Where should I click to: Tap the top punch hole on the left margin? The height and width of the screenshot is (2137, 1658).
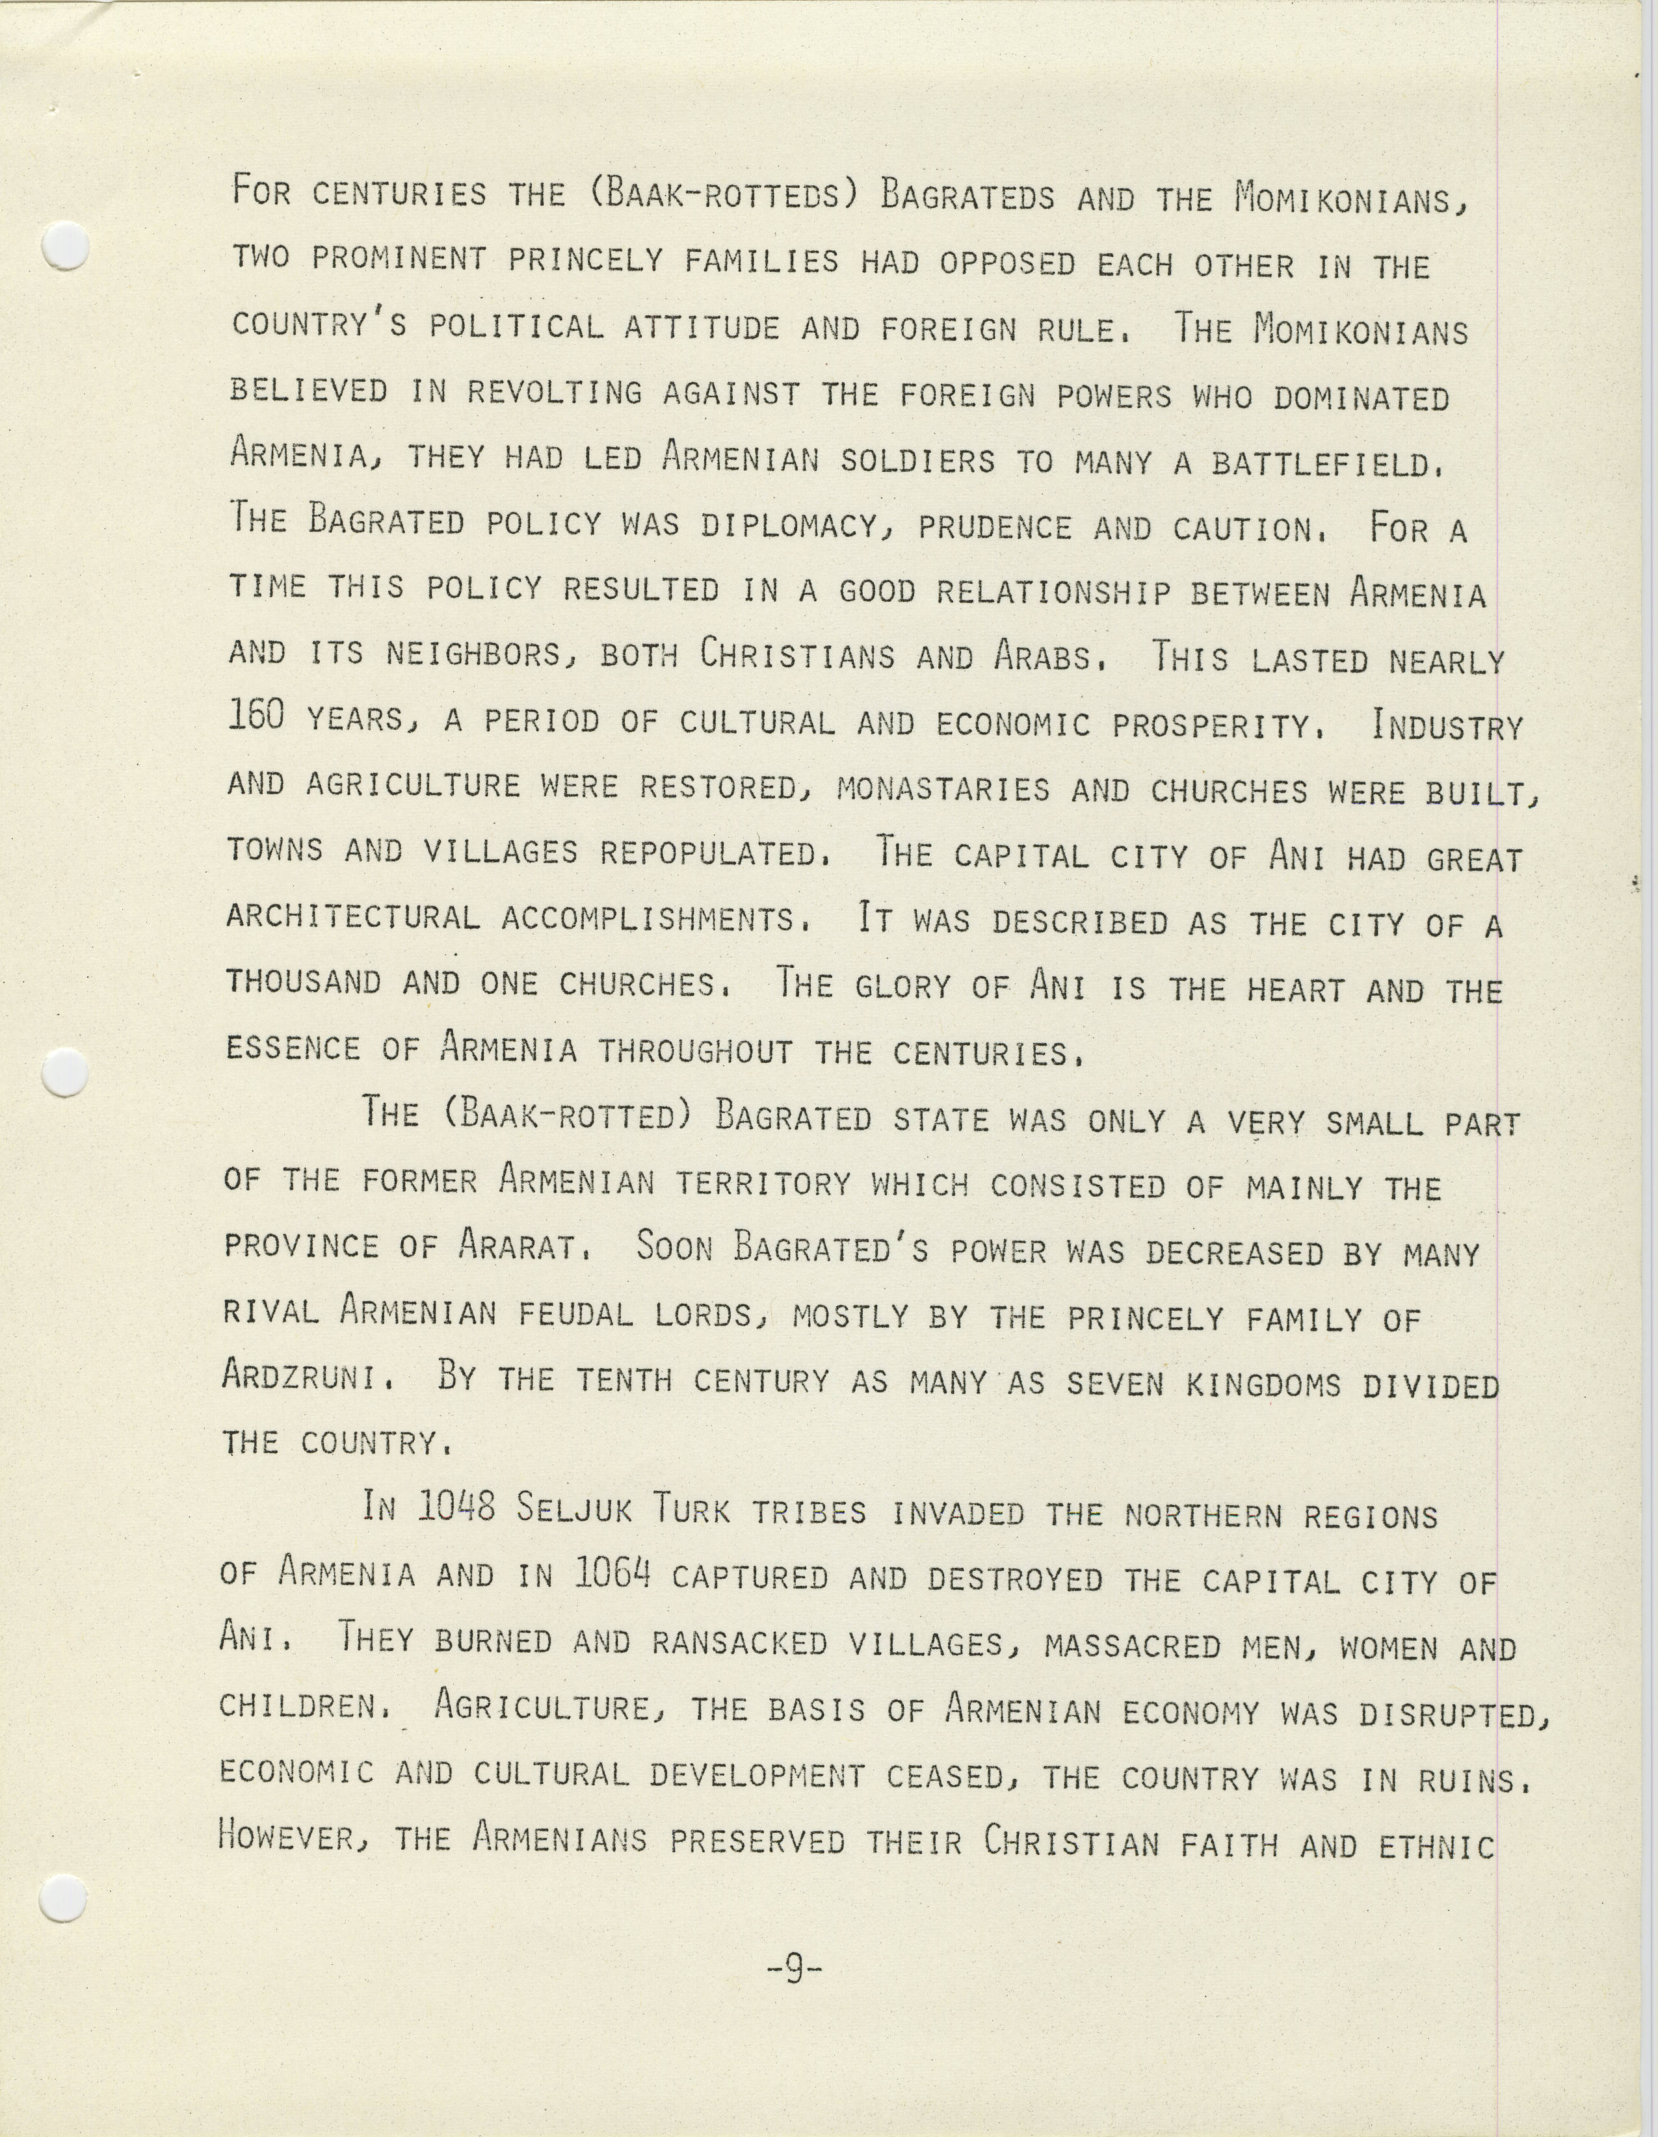tap(66, 246)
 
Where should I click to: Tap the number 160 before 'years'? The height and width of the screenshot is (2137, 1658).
tap(256, 718)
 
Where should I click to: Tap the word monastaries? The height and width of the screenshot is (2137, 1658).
tap(943, 788)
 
